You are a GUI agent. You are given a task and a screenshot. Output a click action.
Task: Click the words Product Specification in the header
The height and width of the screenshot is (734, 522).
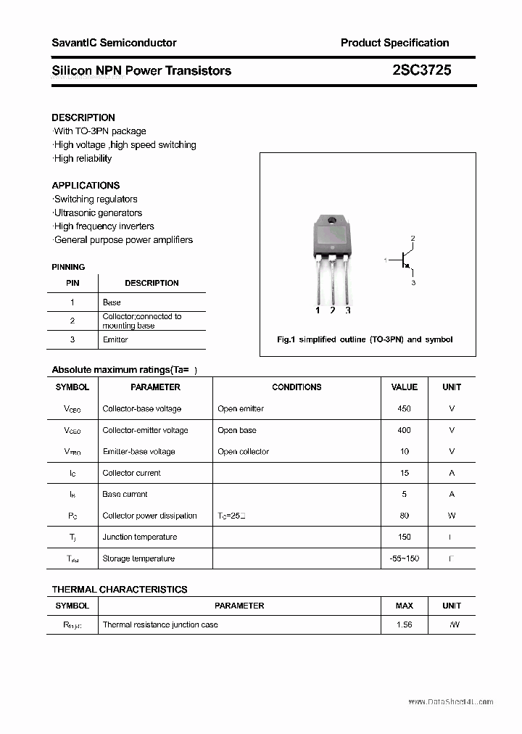tap(394, 43)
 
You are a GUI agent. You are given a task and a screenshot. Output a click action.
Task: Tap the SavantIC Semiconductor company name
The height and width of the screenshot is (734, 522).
tap(114, 43)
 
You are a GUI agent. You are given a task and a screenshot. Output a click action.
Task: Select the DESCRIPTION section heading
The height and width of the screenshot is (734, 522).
tap(83, 117)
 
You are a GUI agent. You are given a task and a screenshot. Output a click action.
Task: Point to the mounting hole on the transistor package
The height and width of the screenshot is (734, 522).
tap(332, 220)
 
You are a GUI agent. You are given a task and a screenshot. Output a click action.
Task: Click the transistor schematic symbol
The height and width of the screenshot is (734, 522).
tap(403, 260)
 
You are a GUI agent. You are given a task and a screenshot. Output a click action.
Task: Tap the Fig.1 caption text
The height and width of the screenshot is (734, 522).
tap(365, 339)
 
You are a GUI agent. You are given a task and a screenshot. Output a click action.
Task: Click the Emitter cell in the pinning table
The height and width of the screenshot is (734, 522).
tap(115, 339)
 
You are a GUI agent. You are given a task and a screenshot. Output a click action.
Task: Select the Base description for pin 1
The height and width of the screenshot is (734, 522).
tap(112, 302)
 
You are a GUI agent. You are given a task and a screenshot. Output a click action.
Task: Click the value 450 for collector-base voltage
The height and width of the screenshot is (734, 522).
tap(404, 408)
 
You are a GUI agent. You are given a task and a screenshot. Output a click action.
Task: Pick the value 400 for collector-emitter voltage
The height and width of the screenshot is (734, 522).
tap(404, 430)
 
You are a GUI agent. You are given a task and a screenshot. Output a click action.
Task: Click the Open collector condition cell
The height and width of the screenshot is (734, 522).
tap(243, 451)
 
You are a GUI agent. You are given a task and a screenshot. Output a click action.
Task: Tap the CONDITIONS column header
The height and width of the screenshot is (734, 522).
tap(297, 387)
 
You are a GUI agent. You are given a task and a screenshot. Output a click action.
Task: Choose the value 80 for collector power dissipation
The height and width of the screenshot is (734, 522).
tap(404, 516)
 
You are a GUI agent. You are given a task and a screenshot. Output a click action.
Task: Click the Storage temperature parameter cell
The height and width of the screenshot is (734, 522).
tap(138, 558)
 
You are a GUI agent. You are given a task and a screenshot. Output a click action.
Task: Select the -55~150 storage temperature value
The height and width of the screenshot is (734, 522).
tap(404, 558)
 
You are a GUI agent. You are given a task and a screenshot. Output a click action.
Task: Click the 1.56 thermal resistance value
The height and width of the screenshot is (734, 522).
tap(404, 624)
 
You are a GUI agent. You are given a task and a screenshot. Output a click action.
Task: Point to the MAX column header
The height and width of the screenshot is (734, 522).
tap(404, 606)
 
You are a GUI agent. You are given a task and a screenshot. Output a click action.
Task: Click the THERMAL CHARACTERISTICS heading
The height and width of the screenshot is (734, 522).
tap(120, 590)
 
